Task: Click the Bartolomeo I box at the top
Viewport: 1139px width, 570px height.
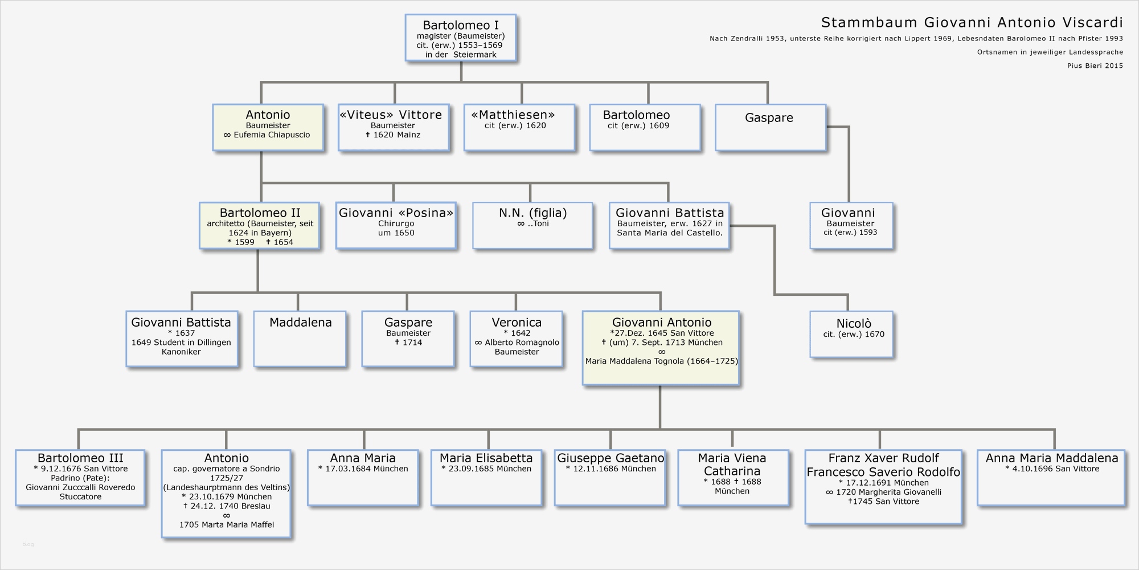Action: [x=460, y=38]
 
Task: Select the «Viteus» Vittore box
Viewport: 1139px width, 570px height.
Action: [x=394, y=127]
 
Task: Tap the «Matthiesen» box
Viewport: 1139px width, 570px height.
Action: [x=519, y=127]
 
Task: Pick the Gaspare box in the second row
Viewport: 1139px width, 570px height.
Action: [x=770, y=127]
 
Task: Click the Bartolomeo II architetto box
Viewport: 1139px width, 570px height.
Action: [x=259, y=226]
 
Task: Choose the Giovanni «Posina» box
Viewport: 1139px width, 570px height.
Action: [x=396, y=226]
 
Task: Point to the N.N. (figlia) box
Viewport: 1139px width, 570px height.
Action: [x=532, y=226]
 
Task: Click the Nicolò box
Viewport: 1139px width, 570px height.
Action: [x=851, y=334]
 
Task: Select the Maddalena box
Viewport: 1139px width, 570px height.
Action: [x=300, y=339]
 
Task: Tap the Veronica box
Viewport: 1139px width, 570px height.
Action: [x=516, y=339]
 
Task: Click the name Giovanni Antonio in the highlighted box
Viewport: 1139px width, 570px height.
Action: [x=662, y=323]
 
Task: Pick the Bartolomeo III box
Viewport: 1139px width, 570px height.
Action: [x=80, y=478]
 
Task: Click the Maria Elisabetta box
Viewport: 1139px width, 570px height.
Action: [x=486, y=478]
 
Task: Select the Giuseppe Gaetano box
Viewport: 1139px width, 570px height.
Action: [x=610, y=478]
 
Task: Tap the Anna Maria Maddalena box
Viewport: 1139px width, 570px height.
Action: [x=1051, y=478]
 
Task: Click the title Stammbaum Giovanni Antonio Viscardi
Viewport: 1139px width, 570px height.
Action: [x=972, y=23]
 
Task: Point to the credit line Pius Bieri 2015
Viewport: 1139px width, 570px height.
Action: [x=1095, y=66]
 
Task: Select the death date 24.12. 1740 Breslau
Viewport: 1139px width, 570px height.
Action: [x=227, y=506]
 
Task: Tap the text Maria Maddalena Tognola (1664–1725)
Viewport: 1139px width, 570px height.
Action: [x=662, y=361]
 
